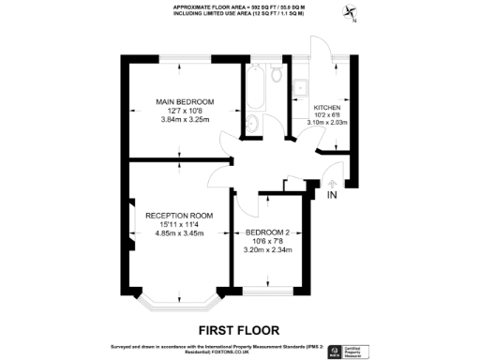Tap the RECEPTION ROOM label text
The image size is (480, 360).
click(x=178, y=216)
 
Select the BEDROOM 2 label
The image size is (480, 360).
click(x=267, y=232)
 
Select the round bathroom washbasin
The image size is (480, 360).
click(x=253, y=127)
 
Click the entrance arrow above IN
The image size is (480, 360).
click(x=332, y=182)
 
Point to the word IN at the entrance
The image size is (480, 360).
click(x=332, y=196)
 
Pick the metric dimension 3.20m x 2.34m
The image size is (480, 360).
click(x=267, y=250)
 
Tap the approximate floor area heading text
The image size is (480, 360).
click(x=239, y=7)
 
